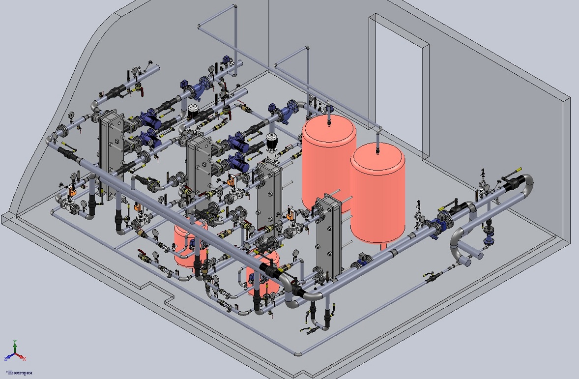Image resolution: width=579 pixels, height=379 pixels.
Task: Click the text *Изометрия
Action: coord(19,373)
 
